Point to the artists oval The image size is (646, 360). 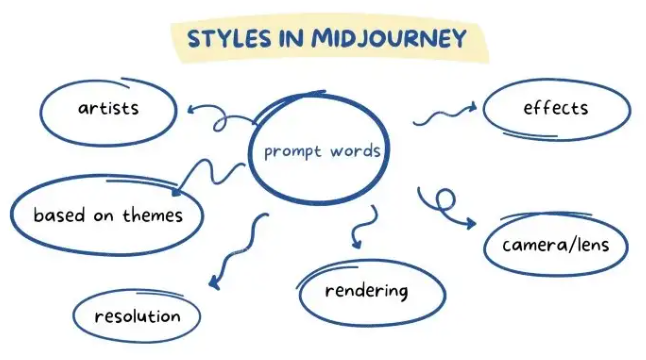108,107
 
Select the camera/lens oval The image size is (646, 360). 556,245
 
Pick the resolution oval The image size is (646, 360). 138,316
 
